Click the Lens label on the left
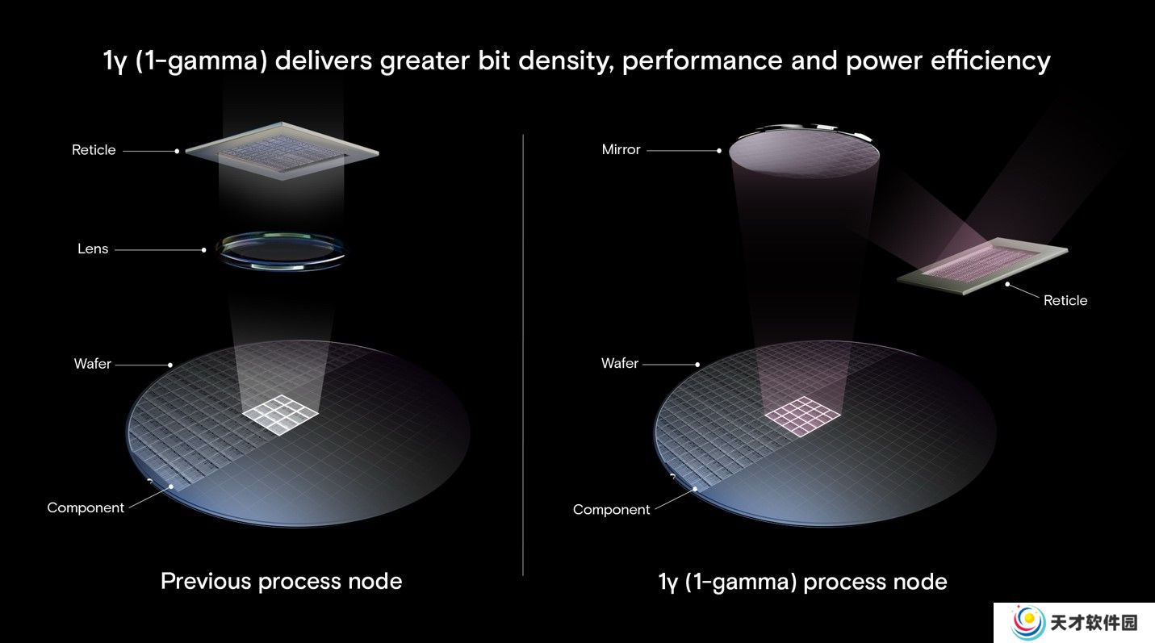(x=93, y=248)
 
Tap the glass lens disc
(x=281, y=251)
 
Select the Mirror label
(x=621, y=149)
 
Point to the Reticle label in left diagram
(x=94, y=150)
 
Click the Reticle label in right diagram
(x=1065, y=300)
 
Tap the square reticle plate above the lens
(x=282, y=151)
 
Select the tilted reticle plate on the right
(x=982, y=266)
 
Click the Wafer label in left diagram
(x=92, y=364)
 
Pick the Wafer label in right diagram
(x=620, y=363)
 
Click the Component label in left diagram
(x=86, y=508)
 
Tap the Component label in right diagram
(x=612, y=510)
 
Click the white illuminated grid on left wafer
(x=280, y=415)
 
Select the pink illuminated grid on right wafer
(x=802, y=416)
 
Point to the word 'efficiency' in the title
(x=990, y=61)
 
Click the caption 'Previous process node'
(x=282, y=582)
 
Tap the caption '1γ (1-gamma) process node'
(x=803, y=582)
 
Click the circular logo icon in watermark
(x=1027, y=622)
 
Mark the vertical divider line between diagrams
(x=523, y=355)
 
